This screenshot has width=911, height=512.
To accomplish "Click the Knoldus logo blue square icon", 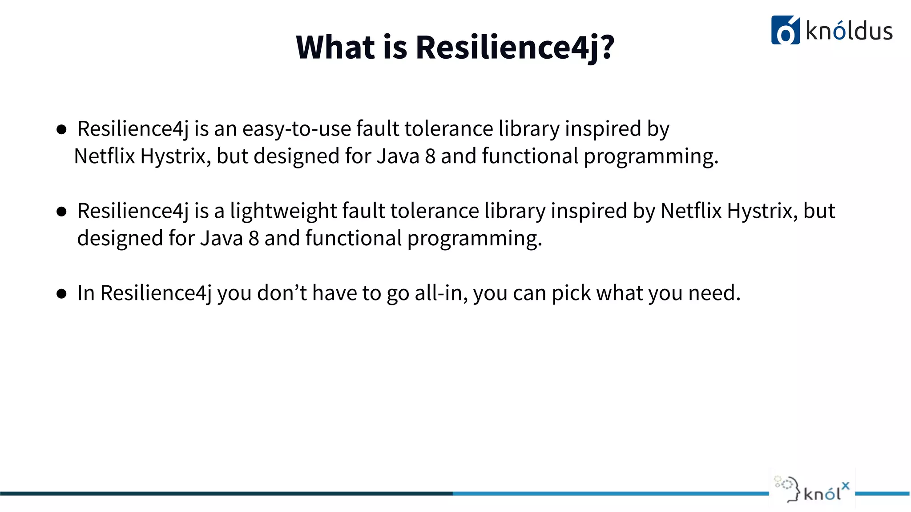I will pos(785,30).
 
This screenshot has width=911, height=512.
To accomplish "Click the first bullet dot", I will pos(61,130).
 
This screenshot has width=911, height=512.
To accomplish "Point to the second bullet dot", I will pos(61,212).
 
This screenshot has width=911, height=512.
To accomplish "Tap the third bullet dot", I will pos(61,294).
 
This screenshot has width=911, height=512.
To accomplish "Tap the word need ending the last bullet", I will pos(713,293).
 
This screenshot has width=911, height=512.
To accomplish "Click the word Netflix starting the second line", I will pos(104,156).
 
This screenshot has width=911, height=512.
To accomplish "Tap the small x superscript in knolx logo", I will pos(845,486).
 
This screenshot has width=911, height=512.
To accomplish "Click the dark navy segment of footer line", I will pos(222,493).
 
